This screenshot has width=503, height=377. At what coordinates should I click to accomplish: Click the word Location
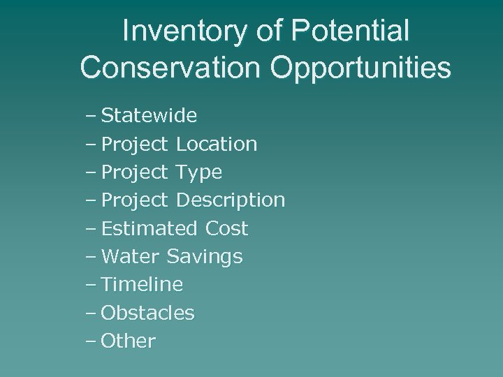tap(217, 145)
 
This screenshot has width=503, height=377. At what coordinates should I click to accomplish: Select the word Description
tap(231, 201)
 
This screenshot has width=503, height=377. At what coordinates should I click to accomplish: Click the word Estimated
tap(150, 229)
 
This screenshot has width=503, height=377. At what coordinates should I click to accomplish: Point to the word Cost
tap(227, 229)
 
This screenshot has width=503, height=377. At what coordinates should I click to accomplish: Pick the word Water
tap(131, 257)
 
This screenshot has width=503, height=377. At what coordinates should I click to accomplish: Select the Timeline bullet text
tap(142, 285)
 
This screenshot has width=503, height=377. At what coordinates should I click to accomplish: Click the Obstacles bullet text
tap(147, 313)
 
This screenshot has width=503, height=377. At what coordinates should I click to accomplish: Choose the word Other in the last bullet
tap(129, 341)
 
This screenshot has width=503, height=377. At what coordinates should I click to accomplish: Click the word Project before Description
tap(135, 201)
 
